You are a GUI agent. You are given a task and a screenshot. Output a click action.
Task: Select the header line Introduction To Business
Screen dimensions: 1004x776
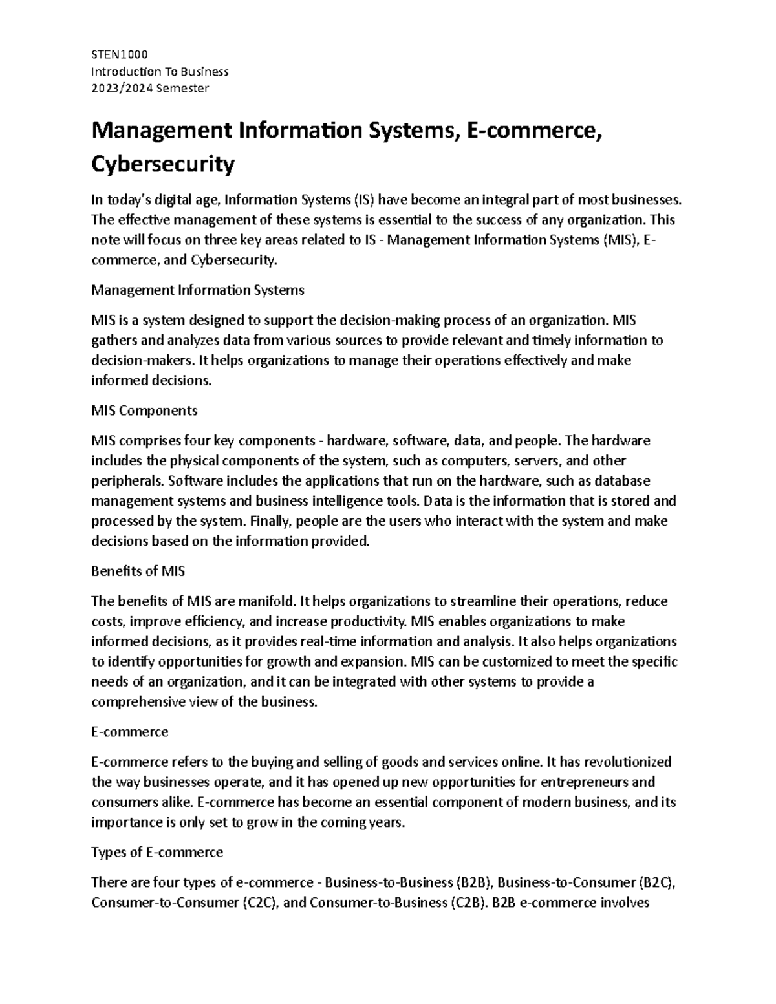160,71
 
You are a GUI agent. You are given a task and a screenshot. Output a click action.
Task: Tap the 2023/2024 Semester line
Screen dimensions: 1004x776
150,88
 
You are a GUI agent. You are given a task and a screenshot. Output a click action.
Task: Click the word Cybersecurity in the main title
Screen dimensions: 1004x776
162,166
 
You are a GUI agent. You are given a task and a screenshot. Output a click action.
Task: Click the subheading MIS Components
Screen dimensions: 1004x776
144,411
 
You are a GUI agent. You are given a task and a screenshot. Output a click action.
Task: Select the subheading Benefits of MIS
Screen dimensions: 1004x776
138,571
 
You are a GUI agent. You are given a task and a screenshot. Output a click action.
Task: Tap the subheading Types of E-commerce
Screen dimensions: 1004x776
157,852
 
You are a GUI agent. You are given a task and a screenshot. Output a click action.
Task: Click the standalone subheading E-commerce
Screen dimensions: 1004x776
130,731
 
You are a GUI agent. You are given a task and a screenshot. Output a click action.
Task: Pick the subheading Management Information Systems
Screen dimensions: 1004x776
198,290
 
